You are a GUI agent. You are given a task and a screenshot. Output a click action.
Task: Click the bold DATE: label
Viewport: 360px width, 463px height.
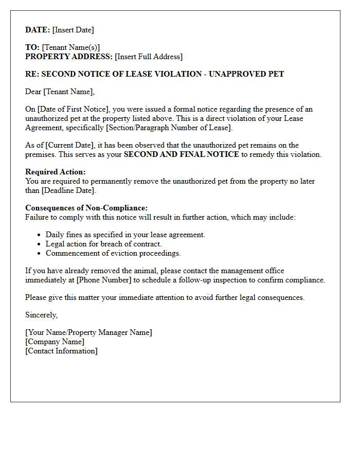38,30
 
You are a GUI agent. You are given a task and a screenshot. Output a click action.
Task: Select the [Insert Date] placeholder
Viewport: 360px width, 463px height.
73,30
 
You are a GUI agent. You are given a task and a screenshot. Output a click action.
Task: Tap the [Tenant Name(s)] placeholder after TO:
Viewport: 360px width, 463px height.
71,47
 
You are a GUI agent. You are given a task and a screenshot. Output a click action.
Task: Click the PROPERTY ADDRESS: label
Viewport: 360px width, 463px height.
68,57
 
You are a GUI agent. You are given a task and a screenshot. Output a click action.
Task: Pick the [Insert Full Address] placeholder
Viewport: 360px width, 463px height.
149,57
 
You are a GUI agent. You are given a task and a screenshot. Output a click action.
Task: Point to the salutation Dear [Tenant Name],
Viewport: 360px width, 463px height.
60,92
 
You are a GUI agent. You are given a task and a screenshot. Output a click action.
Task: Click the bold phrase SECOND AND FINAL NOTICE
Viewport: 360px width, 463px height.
181,154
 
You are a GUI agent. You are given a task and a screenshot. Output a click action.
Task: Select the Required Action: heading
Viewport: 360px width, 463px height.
56,172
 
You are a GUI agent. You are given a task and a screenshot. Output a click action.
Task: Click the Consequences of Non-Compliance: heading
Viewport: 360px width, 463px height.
86,208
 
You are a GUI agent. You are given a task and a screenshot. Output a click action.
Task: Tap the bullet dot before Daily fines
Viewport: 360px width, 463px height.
40,235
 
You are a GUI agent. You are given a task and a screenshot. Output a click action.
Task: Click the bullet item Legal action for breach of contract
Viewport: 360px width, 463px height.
103,244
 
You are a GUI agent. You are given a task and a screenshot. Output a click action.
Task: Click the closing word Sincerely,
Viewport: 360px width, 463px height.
42,315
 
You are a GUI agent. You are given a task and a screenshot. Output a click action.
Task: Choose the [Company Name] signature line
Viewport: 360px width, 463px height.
55,342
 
